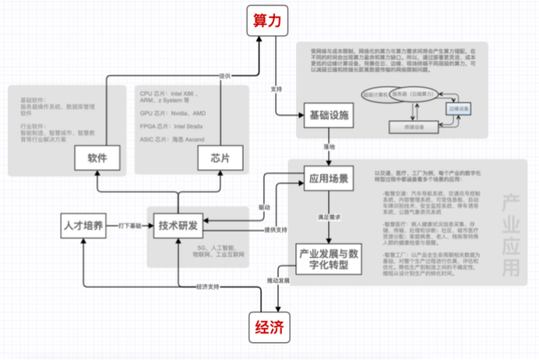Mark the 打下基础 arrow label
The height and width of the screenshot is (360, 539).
point(129,225)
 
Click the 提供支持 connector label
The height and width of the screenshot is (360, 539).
point(275,230)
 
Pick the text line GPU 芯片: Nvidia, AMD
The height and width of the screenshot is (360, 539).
point(173,111)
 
